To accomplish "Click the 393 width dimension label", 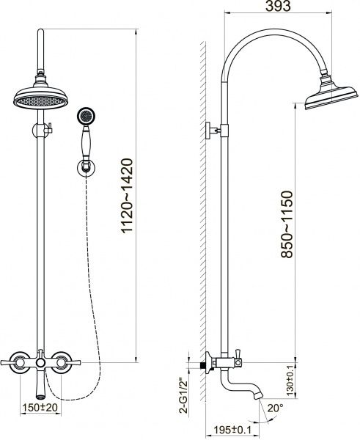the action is (278, 6).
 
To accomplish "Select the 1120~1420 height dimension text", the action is (127, 195).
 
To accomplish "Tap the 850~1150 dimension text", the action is (287, 224).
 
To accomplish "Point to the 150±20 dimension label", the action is (40, 408).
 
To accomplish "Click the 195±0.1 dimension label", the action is (232, 430).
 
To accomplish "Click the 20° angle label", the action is (275, 408).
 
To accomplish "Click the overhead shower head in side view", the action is (331, 94).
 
